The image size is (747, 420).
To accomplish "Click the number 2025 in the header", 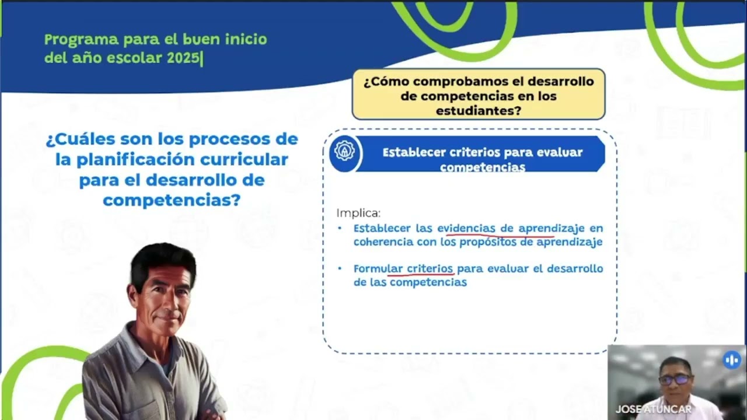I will coord(186,58).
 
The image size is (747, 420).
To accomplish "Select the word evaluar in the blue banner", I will coord(560,152).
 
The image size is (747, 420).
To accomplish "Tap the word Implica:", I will coord(358,213).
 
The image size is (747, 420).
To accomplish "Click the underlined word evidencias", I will coord(466,228).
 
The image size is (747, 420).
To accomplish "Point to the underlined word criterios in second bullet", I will coord(430,269).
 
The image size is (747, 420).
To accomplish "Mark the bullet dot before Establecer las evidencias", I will coord(340,228).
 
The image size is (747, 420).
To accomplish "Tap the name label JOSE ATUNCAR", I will coord(653,409).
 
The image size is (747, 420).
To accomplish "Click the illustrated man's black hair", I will coord(162,261).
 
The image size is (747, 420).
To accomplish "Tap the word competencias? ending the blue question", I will coord(172,200).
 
